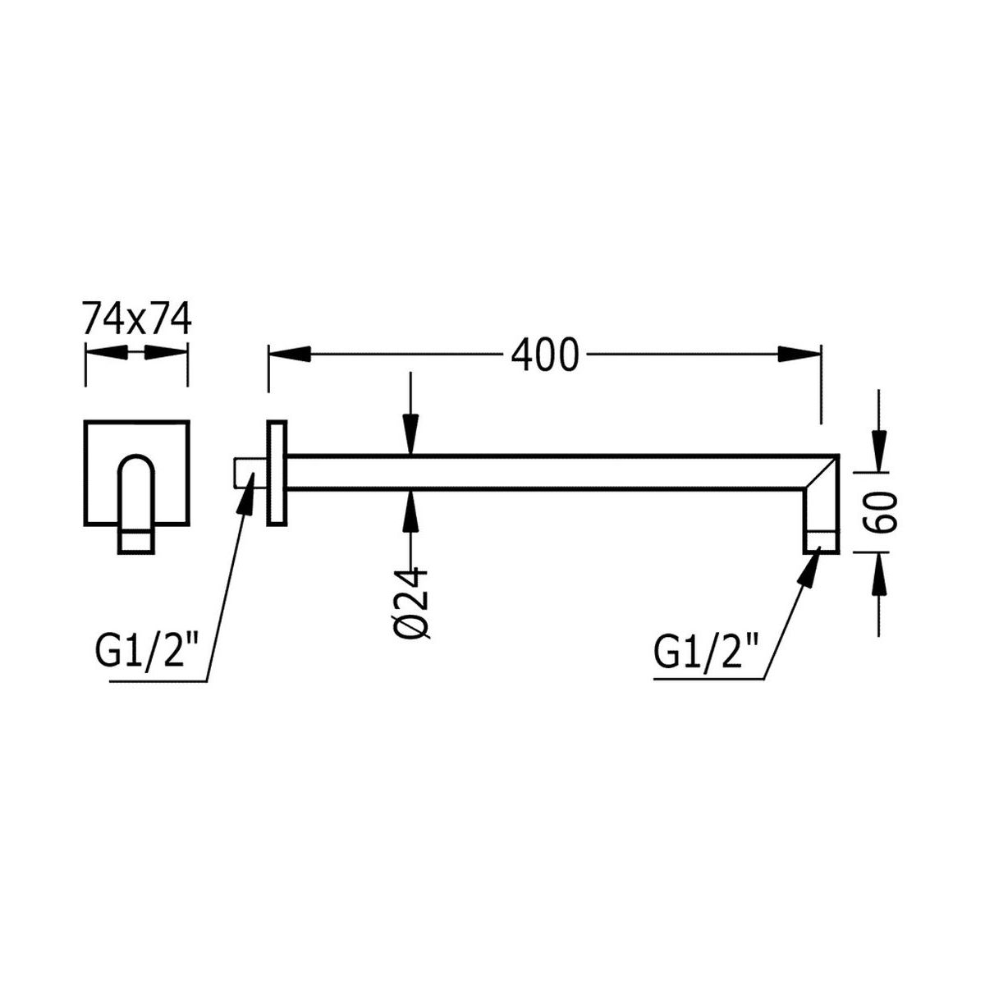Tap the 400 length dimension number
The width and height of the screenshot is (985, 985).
coord(545,355)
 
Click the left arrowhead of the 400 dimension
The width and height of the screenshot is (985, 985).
coord(290,354)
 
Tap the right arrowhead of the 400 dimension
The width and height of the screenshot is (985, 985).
coord(799,354)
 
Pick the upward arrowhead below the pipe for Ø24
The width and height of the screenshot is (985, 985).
coord(410,512)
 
